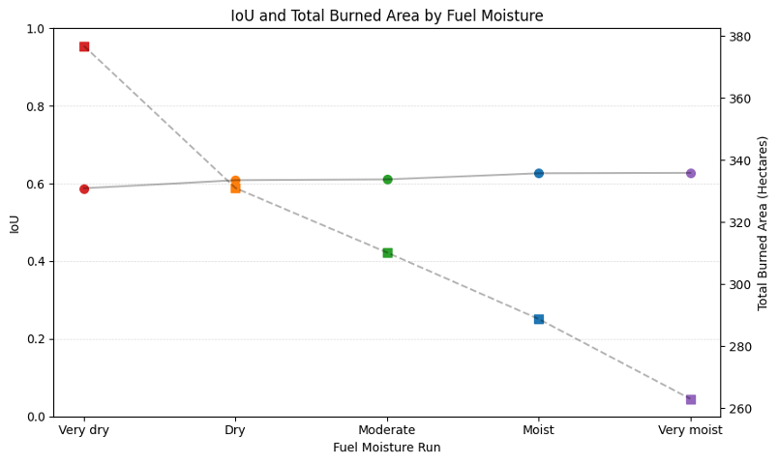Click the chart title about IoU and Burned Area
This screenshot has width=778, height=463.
[387, 15]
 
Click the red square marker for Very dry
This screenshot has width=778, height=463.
[84, 46]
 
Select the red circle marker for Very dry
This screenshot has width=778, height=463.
[84, 188]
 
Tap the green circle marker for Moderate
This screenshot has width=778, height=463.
[387, 179]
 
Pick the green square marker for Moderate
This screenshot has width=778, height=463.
[387, 252]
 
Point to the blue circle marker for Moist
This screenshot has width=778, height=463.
[539, 173]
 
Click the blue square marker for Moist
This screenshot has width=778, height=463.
[539, 319]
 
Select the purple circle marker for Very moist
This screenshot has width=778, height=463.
[691, 173]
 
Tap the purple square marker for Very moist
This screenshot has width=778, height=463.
[691, 399]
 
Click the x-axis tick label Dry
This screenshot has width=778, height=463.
[235, 430]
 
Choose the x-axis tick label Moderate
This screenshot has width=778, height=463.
[387, 430]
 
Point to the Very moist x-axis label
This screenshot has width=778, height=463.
[691, 430]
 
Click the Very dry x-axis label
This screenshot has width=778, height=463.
[84, 430]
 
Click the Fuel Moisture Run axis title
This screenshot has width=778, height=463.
[387, 448]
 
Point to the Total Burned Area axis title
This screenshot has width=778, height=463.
[763, 222]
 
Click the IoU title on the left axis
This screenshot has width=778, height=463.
[15, 223]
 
